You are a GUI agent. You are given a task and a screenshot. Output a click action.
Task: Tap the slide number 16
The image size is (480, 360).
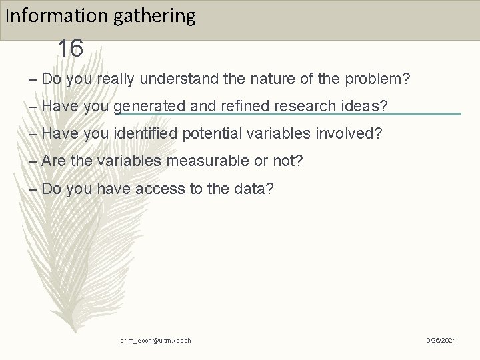pyautogui.click(x=70, y=49)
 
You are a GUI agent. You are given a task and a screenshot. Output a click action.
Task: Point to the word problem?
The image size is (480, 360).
pyautogui.click(x=377, y=79)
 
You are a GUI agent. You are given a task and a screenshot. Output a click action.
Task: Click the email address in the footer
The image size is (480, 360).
pyautogui.click(x=156, y=341)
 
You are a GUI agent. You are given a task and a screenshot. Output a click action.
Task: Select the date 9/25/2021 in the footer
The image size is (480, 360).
pyautogui.click(x=441, y=341)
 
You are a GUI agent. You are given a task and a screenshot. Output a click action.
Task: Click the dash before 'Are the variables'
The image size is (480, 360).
pyautogui.click(x=34, y=161)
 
